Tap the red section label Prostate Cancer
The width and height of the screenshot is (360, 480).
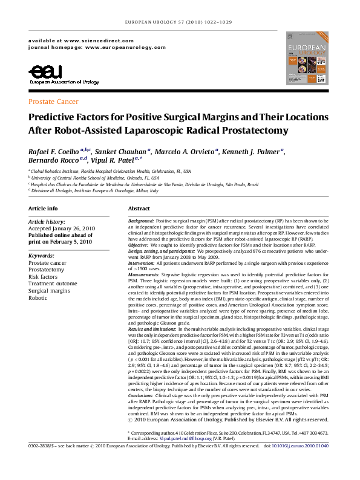point(53,102)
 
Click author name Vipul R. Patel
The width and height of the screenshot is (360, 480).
point(119,161)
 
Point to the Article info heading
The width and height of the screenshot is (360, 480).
point(44,208)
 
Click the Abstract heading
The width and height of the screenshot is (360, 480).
point(139,208)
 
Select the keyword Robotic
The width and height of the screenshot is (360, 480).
point(38,298)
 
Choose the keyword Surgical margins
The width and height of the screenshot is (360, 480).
point(49,291)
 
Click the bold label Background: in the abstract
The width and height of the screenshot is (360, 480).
point(141,222)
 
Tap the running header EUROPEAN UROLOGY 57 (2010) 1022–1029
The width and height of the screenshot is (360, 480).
point(180,21)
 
